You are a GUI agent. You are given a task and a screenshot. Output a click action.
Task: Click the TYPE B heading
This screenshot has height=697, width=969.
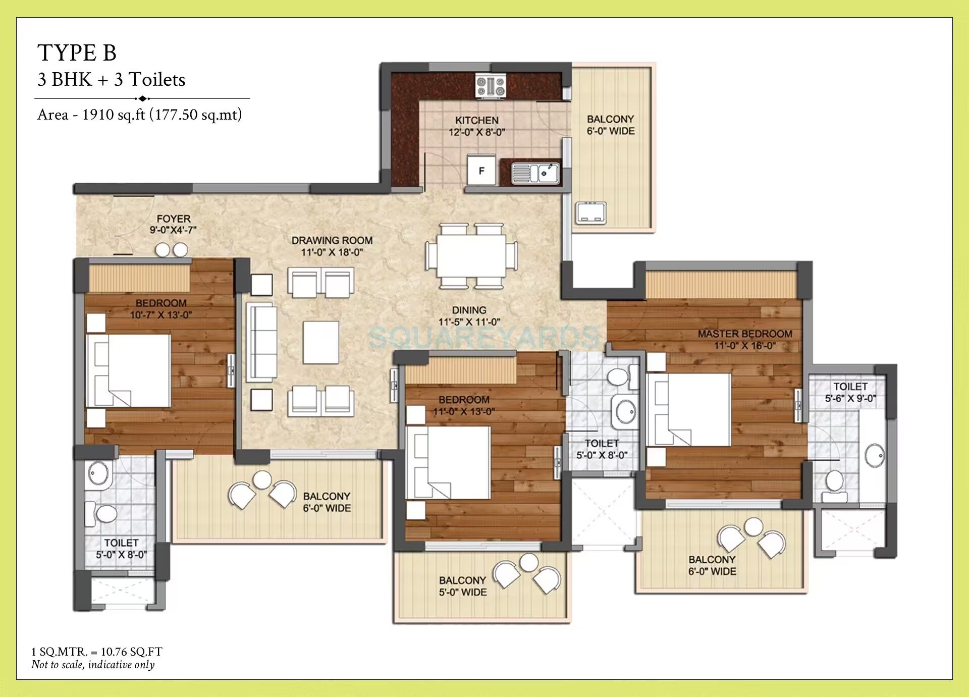click(77, 53)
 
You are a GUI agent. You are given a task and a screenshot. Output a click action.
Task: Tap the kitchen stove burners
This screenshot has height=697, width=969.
click(491, 86)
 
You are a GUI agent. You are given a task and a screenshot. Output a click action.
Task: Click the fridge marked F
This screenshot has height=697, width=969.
click(481, 171)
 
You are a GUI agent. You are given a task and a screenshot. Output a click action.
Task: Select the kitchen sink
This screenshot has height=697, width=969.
click(535, 173)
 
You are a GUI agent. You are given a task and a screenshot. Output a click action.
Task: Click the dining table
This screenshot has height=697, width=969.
click(471, 256)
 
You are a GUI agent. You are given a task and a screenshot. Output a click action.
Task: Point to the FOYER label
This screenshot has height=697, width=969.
click(173, 219)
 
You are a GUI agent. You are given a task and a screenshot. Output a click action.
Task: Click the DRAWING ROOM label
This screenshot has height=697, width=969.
click(332, 241)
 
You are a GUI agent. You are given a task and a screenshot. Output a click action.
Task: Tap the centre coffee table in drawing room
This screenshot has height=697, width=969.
click(320, 342)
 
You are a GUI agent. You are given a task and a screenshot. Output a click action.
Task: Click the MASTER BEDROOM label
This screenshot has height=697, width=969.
click(744, 334)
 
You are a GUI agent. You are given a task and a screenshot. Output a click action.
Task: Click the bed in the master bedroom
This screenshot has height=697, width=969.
click(689, 410)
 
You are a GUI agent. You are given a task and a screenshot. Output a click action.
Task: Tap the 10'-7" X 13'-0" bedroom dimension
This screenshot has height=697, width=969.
click(160, 315)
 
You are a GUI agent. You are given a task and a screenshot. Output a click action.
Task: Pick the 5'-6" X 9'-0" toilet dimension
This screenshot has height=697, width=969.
click(850, 398)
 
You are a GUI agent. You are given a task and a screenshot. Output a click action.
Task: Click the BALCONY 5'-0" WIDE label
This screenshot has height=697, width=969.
click(462, 586)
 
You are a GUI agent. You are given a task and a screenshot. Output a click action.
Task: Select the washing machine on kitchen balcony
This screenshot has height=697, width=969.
click(591, 213)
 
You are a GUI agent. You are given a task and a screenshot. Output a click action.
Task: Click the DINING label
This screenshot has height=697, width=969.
click(469, 310)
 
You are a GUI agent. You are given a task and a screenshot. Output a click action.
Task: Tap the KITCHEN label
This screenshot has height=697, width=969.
click(476, 120)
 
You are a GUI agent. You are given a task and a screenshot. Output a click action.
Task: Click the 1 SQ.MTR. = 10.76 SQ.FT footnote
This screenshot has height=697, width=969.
click(97, 652)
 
